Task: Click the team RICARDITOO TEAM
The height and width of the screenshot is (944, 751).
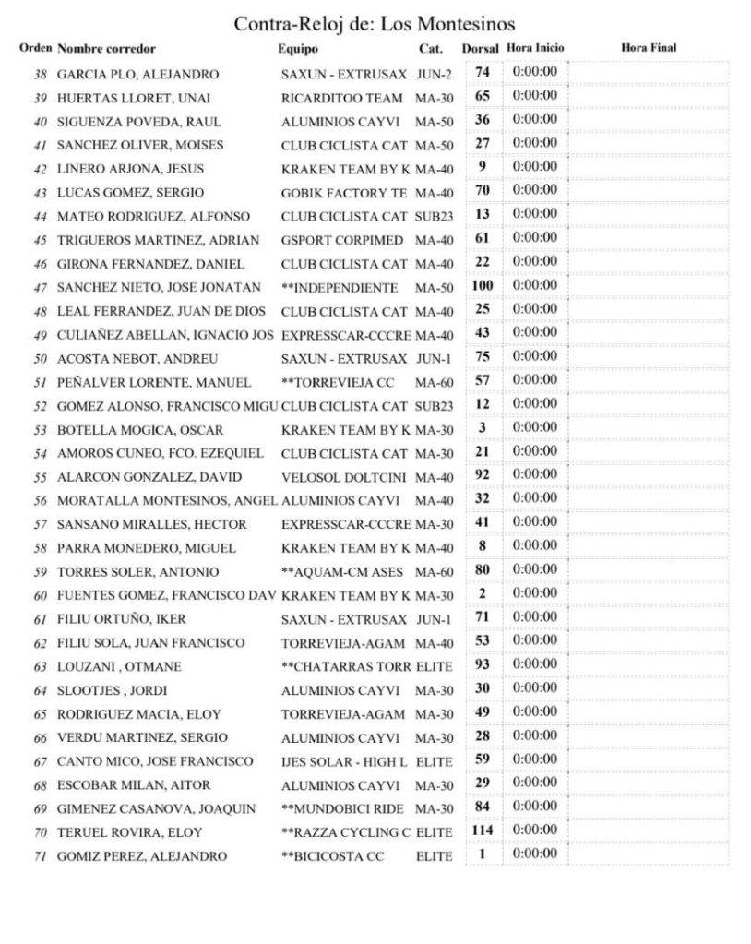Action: pos(341,97)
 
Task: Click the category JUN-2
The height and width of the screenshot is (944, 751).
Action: pos(433,73)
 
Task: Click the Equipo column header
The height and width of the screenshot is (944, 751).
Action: pos(297,48)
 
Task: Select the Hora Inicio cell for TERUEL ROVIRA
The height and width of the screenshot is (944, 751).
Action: pos(535,830)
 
